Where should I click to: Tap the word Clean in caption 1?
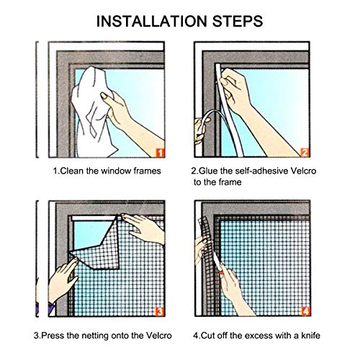pyautogui.click(x=73, y=172)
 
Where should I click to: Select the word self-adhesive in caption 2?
pyautogui.click(x=258, y=172)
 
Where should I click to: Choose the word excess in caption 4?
pyautogui.click(x=261, y=336)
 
